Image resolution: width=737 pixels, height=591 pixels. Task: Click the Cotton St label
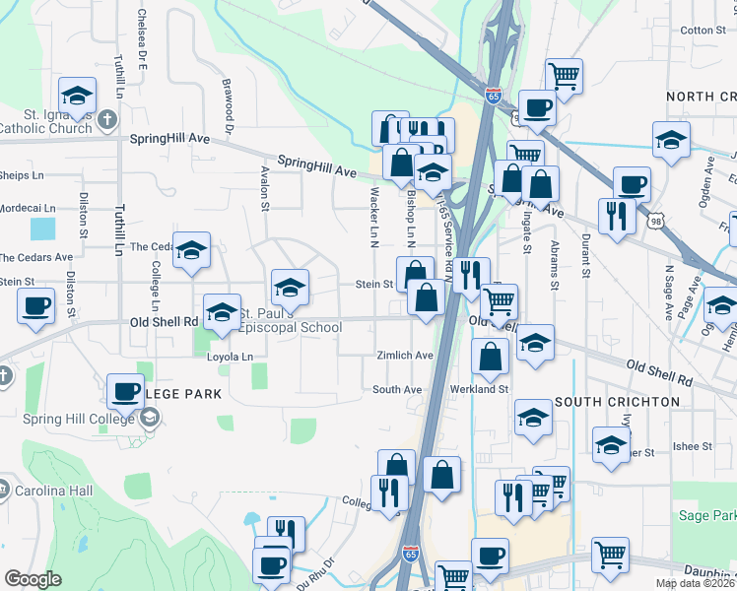coord(703,31)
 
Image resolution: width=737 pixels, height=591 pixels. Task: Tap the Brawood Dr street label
coord(228,106)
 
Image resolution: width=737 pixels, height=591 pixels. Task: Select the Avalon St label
coord(264,188)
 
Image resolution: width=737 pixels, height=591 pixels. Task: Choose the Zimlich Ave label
coord(405,355)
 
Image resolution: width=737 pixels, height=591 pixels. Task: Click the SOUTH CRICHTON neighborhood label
coord(617,402)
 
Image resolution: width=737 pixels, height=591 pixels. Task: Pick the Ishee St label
coord(686,446)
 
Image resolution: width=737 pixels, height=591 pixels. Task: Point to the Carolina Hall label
coord(47,490)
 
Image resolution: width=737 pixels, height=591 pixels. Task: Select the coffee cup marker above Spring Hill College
coord(125,390)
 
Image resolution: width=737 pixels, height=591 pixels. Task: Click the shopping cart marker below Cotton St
coord(564,76)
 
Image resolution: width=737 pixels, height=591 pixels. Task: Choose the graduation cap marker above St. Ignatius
coord(78,95)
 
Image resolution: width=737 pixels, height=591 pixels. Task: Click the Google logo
coord(33,579)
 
